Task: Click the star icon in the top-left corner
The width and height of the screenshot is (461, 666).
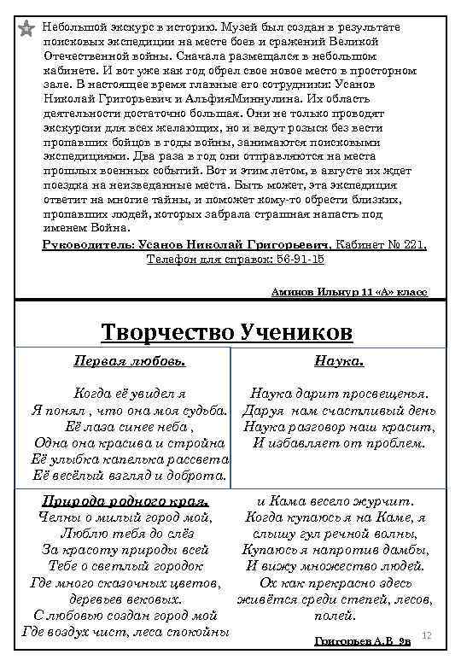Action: point(26,30)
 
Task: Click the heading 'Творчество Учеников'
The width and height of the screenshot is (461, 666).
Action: point(226,331)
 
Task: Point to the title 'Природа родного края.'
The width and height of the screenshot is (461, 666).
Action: point(125,500)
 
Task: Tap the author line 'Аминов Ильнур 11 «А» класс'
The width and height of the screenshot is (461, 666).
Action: point(349,291)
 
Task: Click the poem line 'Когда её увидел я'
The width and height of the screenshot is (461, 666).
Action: point(129,394)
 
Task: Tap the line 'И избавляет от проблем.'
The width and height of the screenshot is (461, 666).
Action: point(339,442)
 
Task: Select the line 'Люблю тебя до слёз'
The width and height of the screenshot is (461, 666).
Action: point(125,533)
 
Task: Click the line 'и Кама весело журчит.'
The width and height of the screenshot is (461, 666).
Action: point(336,500)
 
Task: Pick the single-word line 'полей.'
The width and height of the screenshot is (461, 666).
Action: point(335,615)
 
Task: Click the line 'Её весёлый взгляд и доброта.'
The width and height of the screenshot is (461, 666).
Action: point(129,475)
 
